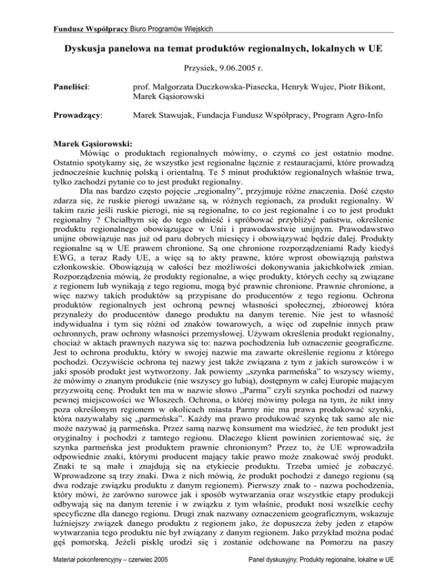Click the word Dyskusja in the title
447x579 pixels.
[x=85, y=46]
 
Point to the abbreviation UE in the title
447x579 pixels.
[x=374, y=46]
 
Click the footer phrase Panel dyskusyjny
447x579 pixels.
[x=279, y=567]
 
